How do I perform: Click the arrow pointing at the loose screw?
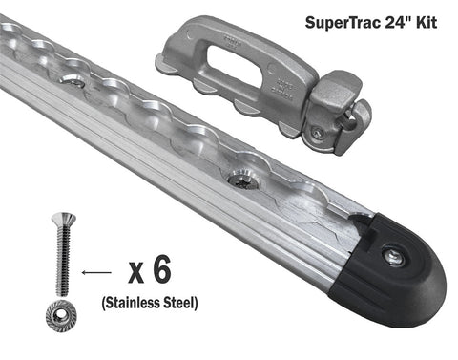[96, 272]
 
